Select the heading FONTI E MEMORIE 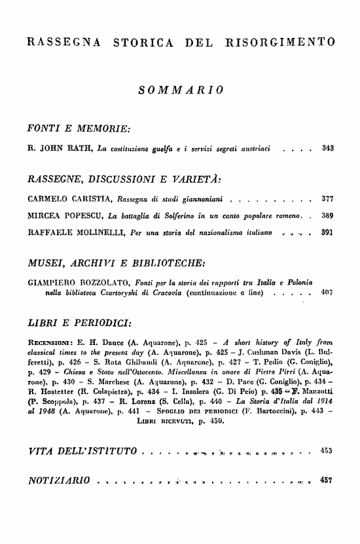point(79,126)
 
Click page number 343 point(328,149)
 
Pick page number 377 point(328,198)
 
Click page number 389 point(328,214)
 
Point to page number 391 point(328,231)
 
